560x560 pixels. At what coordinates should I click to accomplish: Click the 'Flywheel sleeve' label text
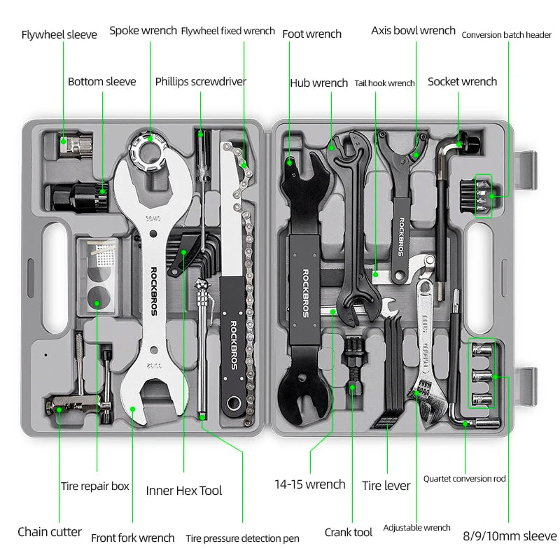(x=59, y=34)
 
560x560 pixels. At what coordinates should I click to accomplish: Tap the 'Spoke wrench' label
(x=143, y=31)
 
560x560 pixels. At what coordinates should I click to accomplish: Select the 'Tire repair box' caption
(x=94, y=485)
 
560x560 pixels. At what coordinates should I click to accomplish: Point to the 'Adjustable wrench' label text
(x=416, y=527)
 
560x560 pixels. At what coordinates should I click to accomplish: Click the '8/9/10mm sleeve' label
(x=509, y=536)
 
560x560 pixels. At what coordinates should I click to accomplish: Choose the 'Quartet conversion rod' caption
(x=464, y=479)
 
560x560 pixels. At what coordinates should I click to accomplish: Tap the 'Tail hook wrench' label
(x=384, y=83)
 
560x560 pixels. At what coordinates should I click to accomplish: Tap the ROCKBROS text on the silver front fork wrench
(x=154, y=290)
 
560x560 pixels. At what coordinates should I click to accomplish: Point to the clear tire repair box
(x=98, y=273)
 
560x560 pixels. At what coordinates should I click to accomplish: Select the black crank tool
(x=351, y=371)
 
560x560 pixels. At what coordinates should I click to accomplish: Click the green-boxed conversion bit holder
(x=484, y=195)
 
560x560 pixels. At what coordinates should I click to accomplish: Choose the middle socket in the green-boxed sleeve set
(x=481, y=376)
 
